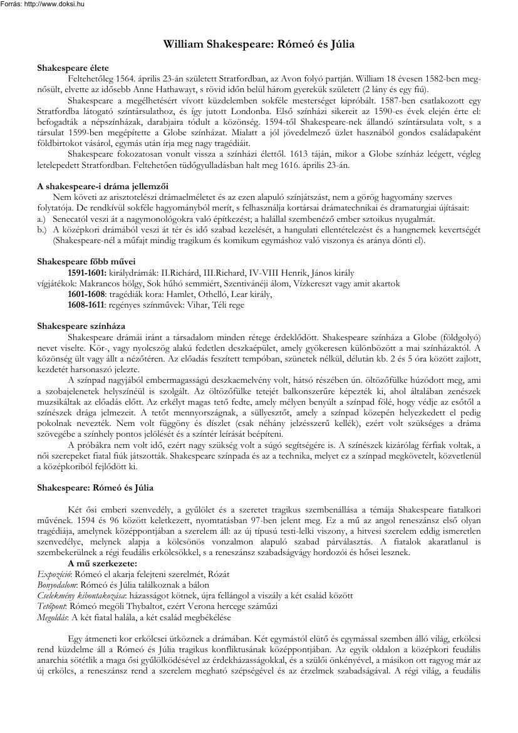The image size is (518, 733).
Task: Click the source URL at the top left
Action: click(43, 4)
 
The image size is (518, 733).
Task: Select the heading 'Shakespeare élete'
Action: click(63, 66)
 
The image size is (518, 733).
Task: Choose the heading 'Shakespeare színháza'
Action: click(72, 326)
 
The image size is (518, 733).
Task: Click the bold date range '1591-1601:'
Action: click(87, 273)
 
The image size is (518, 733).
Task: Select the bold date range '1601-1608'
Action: click(86, 294)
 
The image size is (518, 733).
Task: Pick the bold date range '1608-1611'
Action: click(86, 304)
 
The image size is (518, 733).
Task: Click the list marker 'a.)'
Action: click(42, 218)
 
